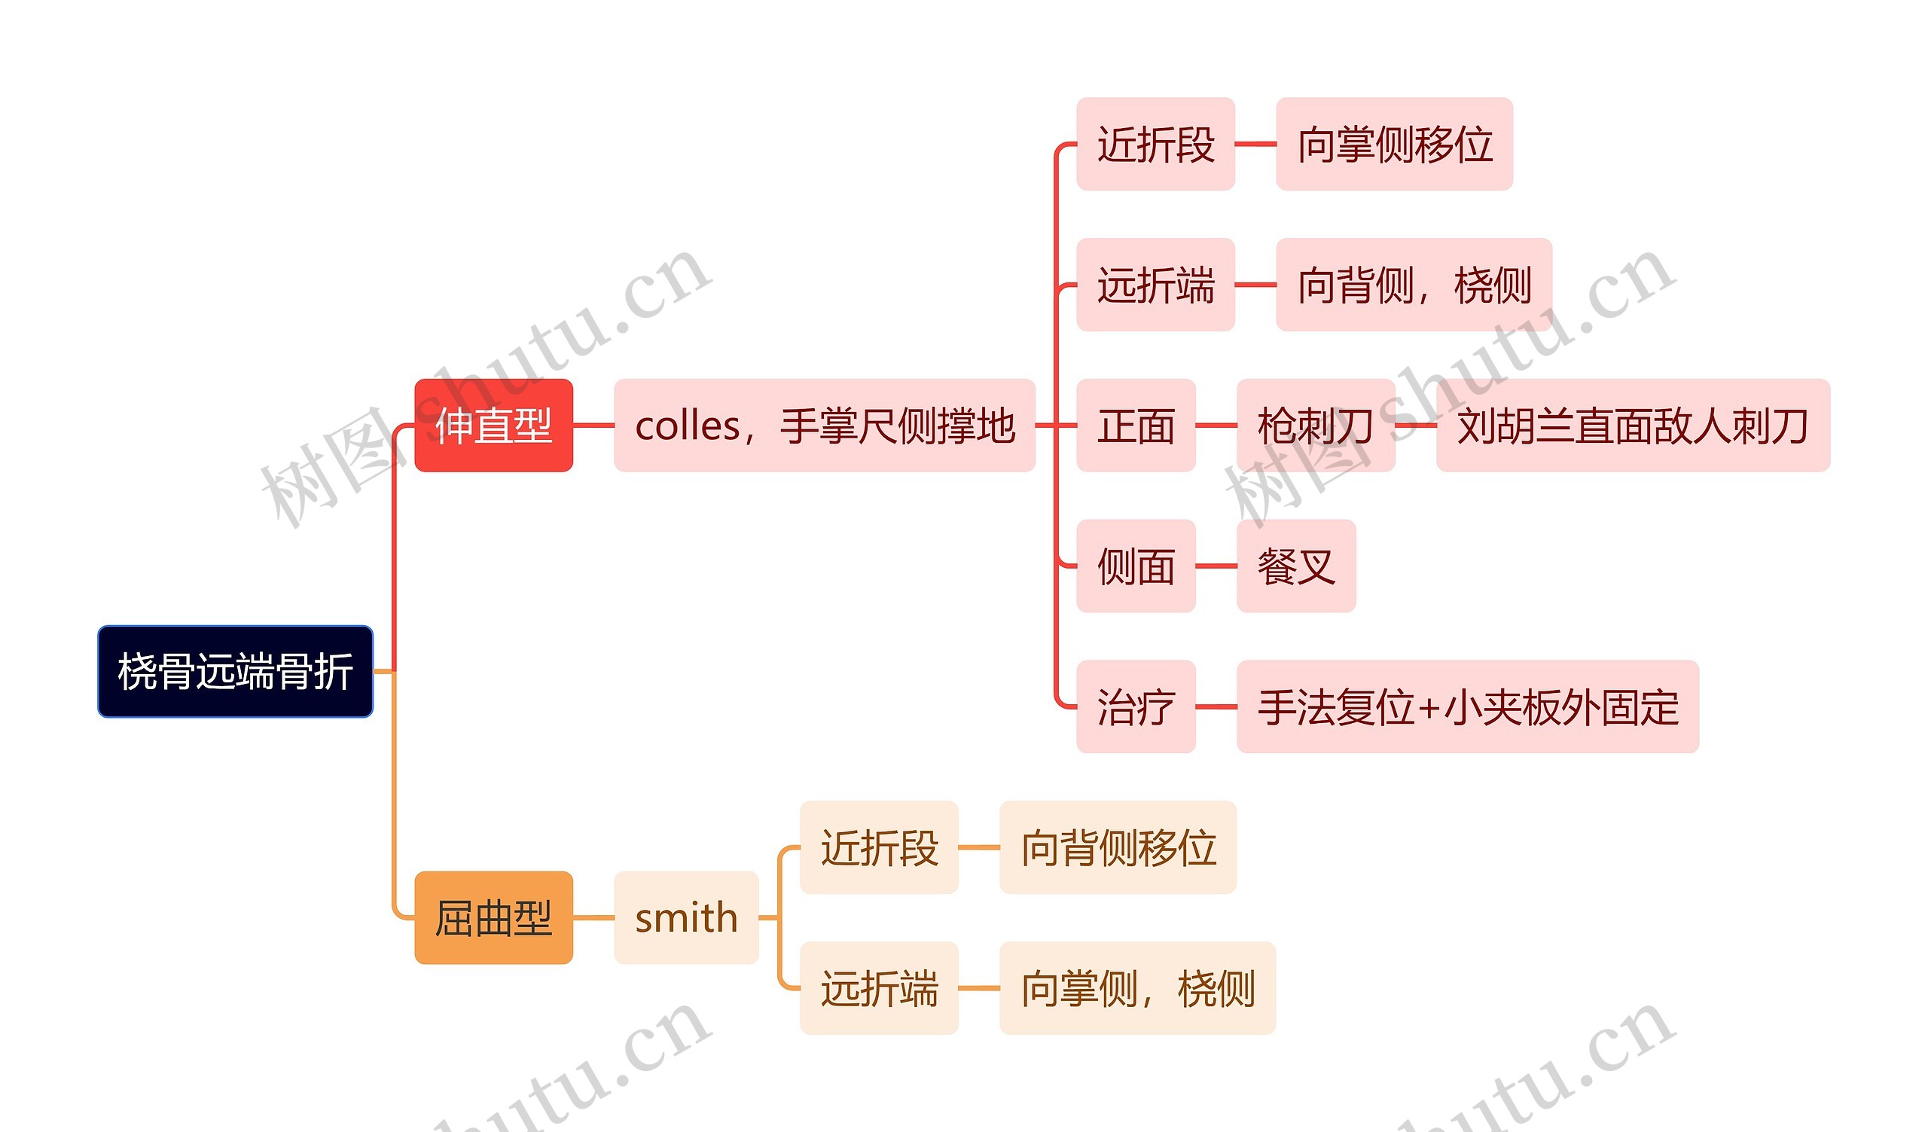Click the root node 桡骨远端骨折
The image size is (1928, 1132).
[235, 671]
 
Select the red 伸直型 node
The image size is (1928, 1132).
[493, 426]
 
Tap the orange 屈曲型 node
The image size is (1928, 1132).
[493, 917]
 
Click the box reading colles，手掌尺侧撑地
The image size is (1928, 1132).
[824, 426]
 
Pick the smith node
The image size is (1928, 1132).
[685, 917]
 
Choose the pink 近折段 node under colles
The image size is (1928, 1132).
[1155, 144]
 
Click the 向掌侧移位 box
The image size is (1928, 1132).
[1394, 144]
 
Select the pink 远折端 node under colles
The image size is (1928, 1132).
[1155, 285]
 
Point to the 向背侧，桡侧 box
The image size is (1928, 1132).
[1413, 285]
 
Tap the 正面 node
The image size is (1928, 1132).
[1136, 426]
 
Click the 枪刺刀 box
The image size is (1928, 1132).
[1315, 426]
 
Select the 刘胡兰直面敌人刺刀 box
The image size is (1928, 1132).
[1633, 426]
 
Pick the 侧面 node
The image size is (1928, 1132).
[1136, 566]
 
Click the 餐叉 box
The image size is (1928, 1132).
[1296, 566]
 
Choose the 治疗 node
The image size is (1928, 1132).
[1136, 706]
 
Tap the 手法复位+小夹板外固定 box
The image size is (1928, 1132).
[1467, 706]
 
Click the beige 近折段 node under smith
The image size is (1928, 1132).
[879, 847]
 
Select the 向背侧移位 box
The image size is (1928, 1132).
[1118, 847]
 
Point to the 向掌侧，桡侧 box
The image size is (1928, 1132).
[1137, 988]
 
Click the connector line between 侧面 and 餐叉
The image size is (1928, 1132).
[1216, 566]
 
